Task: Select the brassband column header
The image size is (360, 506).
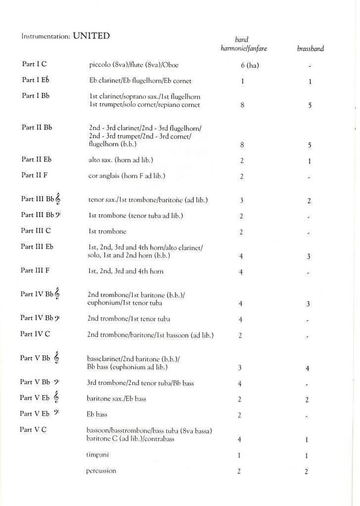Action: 310,49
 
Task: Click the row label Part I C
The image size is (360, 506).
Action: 34,64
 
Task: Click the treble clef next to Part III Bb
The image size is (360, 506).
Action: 58,199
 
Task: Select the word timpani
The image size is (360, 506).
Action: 97,454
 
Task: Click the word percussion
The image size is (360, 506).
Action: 101,470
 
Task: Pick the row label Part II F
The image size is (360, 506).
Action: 34,174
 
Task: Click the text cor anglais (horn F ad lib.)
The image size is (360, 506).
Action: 127,175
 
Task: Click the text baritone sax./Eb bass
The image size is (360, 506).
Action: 116,398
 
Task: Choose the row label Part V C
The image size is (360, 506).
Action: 33,429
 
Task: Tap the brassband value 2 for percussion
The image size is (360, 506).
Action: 306,471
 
